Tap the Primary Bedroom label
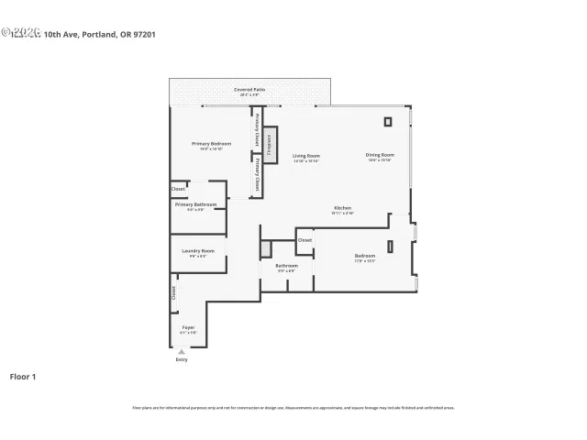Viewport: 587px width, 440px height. (x=211, y=145)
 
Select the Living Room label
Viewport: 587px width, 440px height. (x=305, y=157)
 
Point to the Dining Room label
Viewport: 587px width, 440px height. (x=379, y=156)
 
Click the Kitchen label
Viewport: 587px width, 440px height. (x=342, y=209)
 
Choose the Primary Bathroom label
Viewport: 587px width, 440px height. (x=201, y=205)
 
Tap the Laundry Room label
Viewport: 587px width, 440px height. (x=197, y=252)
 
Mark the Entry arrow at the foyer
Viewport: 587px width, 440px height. (x=182, y=351)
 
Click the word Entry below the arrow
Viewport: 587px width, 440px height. (x=182, y=359)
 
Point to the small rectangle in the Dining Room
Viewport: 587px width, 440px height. (x=386, y=121)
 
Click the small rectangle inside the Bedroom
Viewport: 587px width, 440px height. (x=390, y=246)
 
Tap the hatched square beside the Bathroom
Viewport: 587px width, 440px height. (x=266, y=248)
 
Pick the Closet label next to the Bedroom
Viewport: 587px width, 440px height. (x=305, y=240)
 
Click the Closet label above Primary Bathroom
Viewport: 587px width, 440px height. (x=178, y=190)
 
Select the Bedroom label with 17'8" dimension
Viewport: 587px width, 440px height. (x=365, y=257)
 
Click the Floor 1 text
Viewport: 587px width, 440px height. (x=23, y=376)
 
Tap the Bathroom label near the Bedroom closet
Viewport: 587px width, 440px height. (x=286, y=267)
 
